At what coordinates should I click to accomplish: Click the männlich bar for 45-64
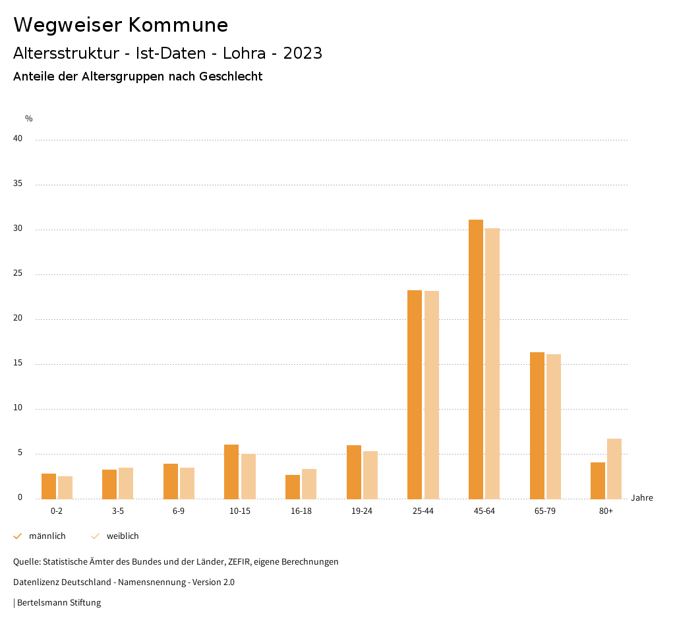click(x=476, y=359)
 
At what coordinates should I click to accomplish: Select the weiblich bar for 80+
click(x=614, y=469)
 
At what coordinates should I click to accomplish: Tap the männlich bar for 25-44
click(x=415, y=394)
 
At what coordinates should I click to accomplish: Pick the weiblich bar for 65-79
click(x=554, y=427)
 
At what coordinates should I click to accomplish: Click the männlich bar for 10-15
click(x=231, y=472)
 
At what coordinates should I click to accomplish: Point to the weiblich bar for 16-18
click(x=309, y=484)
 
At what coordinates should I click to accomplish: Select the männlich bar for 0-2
click(x=49, y=486)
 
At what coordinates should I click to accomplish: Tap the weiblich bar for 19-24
click(x=370, y=475)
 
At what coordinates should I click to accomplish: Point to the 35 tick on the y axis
click(x=18, y=184)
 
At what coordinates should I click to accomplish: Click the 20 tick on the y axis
click(x=18, y=319)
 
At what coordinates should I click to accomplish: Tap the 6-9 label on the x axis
click(x=179, y=511)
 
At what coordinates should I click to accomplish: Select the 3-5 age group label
click(x=118, y=511)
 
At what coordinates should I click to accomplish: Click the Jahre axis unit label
click(x=642, y=498)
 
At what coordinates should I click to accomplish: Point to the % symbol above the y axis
click(x=29, y=119)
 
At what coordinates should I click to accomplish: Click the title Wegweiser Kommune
click(x=121, y=25)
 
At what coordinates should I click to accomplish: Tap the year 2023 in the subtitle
click(x=303, y=53)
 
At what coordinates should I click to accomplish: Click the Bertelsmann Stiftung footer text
click(x=59, y=603)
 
